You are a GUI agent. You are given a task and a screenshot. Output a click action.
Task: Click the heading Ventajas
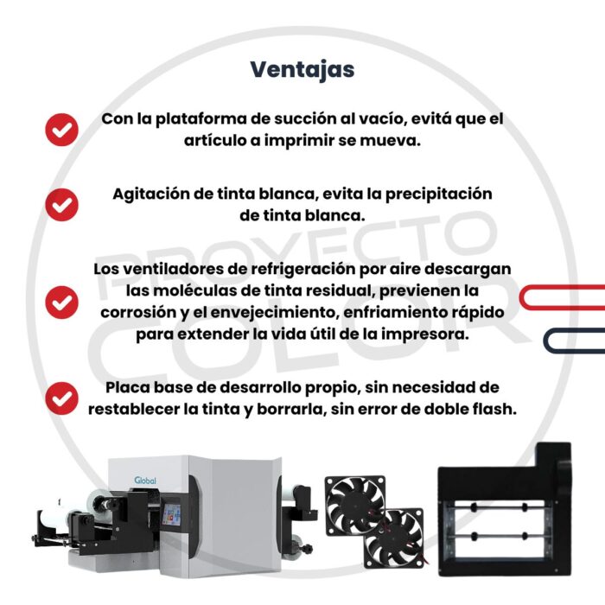302,69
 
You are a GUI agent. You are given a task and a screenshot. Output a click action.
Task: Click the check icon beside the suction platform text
61,130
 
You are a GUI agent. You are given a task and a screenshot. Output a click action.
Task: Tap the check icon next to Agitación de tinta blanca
61,204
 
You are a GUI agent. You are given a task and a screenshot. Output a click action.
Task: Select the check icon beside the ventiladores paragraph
61,302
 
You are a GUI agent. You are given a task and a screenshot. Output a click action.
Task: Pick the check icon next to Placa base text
61,398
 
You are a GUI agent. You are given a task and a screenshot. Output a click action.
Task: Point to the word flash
494,409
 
